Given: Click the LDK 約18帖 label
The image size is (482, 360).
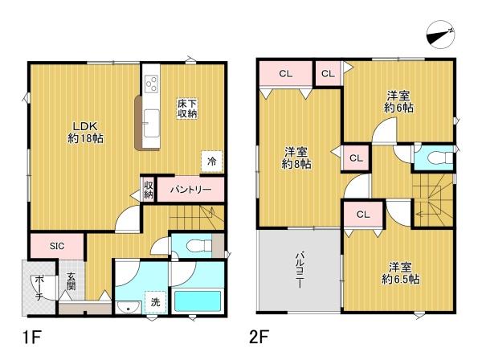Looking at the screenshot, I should pyautogui.click(x=84, y=131).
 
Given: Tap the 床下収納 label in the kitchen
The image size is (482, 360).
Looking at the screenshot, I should pyautogui.click(x=188, y=108).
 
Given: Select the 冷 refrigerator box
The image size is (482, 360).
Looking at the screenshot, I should pyautogui.click(x=211, y=161).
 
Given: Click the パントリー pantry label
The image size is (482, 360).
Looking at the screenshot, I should pyautogui.click(x=190, y=190).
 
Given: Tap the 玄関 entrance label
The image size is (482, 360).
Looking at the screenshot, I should pyautogui.click(x=71, y=280).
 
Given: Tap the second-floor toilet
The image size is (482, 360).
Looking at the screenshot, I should pyautogui.click(x=435, y=157).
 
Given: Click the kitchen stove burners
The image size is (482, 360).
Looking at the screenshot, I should pyautogui.click(x=150, y=83).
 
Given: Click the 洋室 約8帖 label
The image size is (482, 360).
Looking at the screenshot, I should pyautogui.click(x=296, y=157).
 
